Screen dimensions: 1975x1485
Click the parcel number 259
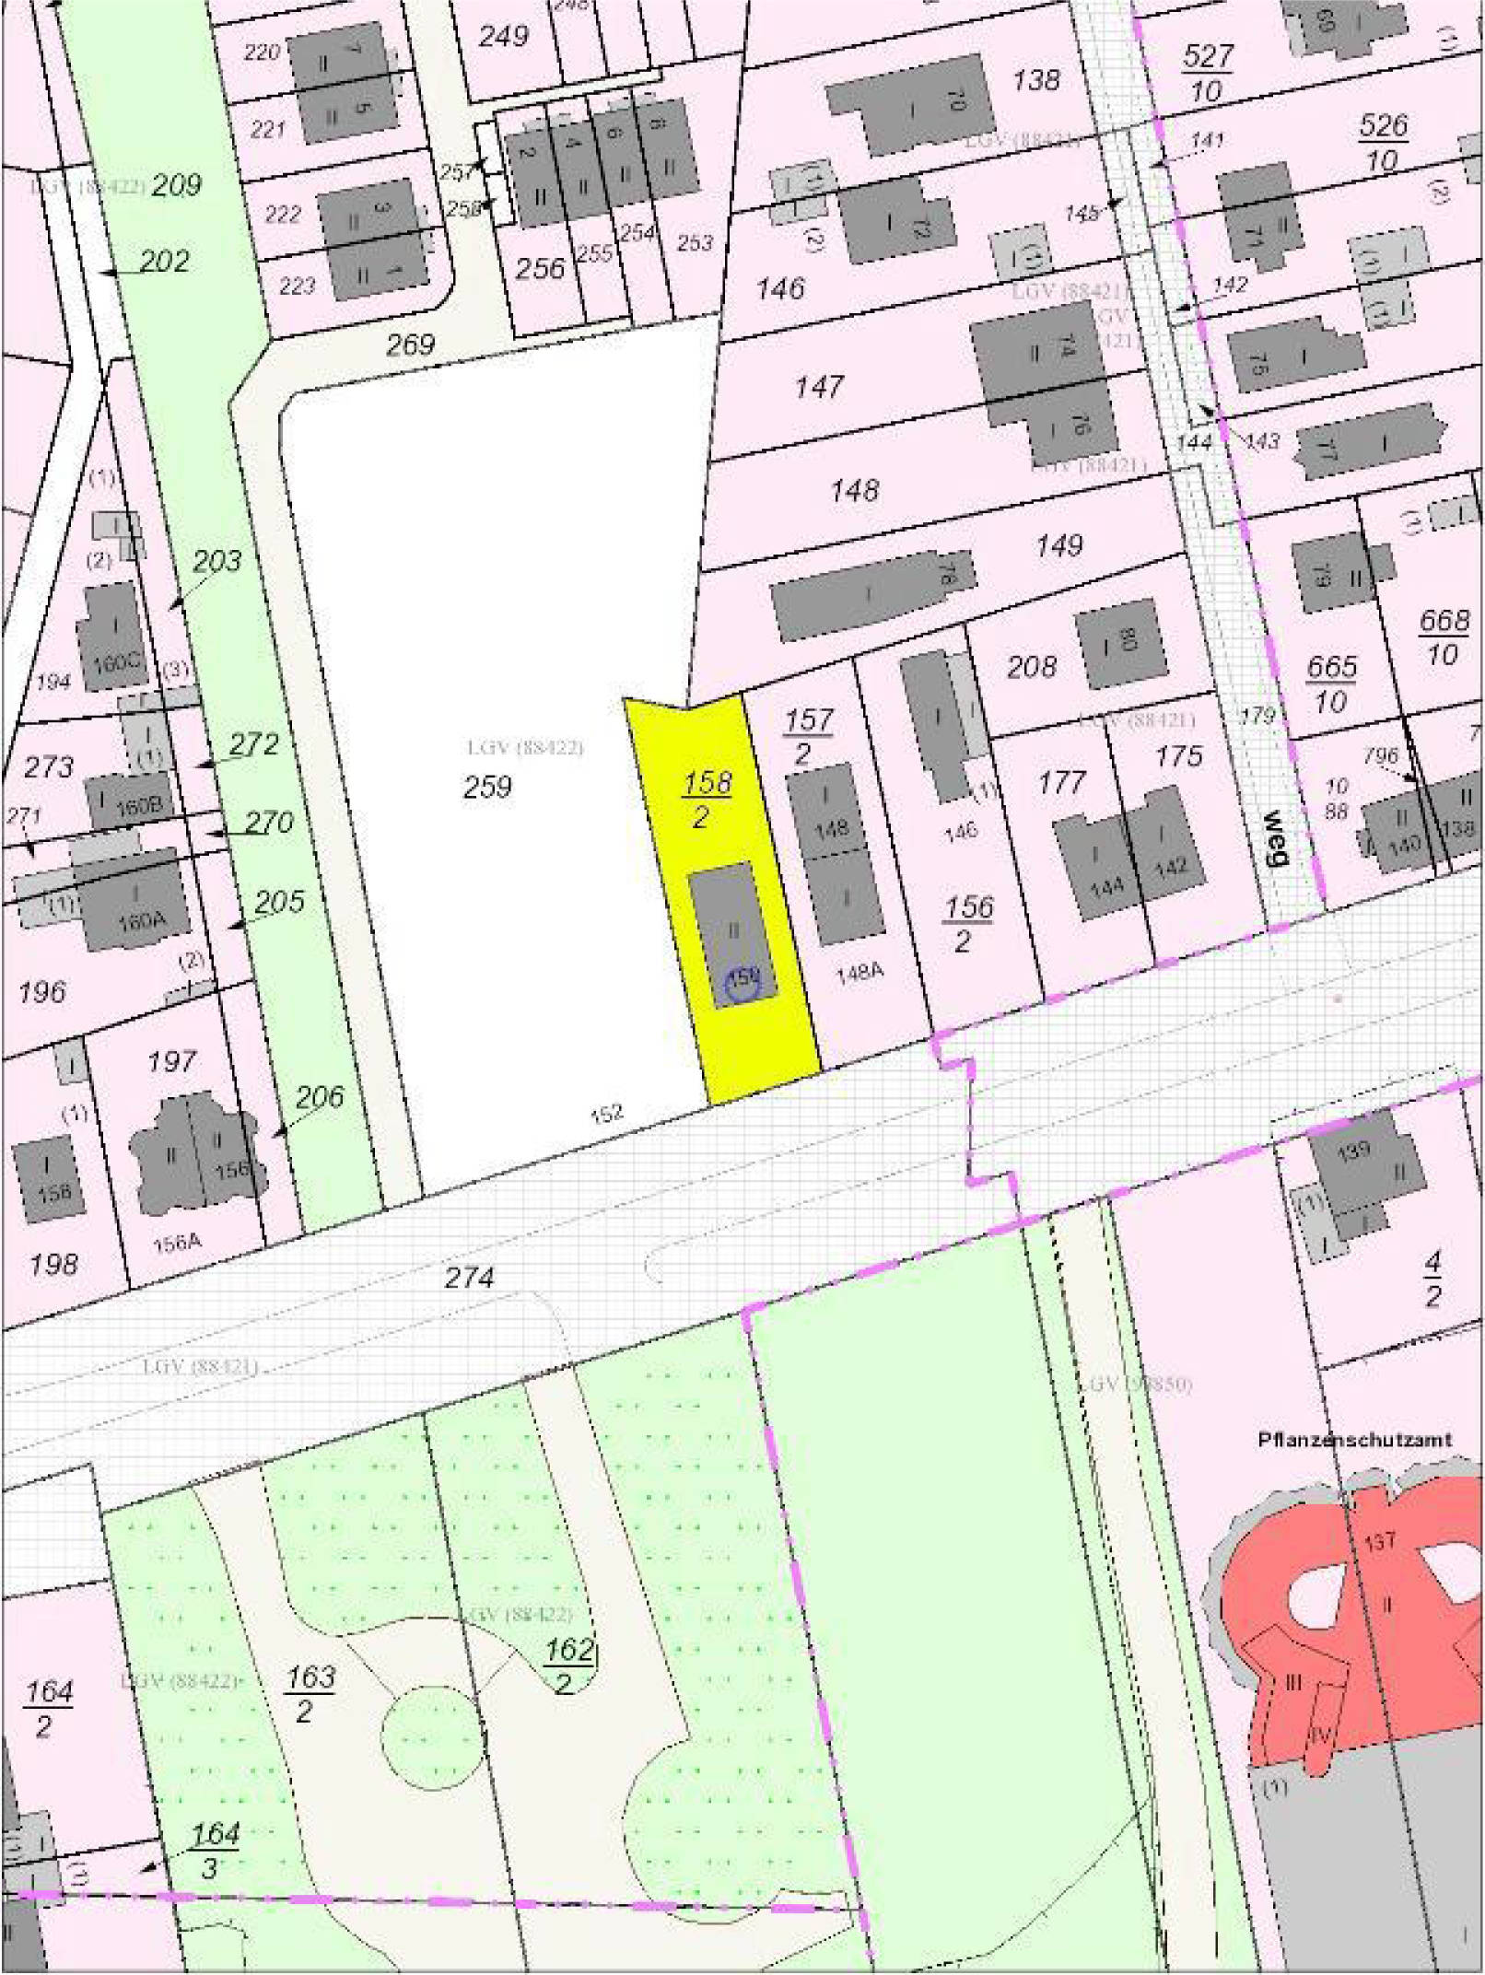click(487, 787)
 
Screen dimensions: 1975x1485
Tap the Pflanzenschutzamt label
click(1354, 1439)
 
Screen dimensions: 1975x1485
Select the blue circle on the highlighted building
click(742, 982)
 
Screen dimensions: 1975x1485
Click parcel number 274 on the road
click(469, 1277)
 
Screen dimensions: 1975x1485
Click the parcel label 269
click(410, 345)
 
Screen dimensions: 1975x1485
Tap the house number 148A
click(859, 972)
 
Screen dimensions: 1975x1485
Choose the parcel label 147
click(819, 387)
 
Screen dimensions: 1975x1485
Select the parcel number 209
click(176, 185)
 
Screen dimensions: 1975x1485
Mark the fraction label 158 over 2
click(707, 799)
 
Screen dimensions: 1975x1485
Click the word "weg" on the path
click(1274, 837)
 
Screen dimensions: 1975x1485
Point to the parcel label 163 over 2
click(310, 1693)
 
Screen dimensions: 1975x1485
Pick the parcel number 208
click(1031, 666)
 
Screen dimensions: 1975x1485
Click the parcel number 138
click(1036, 80)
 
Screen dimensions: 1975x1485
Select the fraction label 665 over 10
click(1331, 684)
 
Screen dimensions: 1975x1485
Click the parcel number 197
click(171, 1061)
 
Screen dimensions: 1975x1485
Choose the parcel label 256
click(539, 268)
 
